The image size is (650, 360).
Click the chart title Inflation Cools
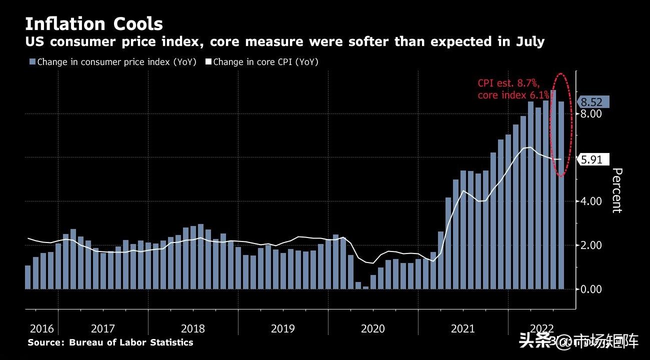[93, 24]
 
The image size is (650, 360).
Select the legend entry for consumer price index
[112, 62]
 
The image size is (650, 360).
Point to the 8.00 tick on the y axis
[590, 114]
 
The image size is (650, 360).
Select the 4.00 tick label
[590, 201]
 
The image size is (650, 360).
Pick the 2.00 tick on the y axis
[590, 245]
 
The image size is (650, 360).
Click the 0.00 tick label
[590, 289]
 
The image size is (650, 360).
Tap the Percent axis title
[617, 190]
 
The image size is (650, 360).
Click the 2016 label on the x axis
[42, 328]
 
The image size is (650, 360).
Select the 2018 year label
[192, 328]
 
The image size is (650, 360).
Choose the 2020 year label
[372, 328]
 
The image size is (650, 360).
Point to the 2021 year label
[462, 328]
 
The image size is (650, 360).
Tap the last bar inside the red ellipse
[561, 195]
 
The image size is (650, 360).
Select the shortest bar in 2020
[365, 287]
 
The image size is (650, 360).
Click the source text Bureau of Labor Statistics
[131, 342]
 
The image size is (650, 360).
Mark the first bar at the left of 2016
[27, 277]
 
